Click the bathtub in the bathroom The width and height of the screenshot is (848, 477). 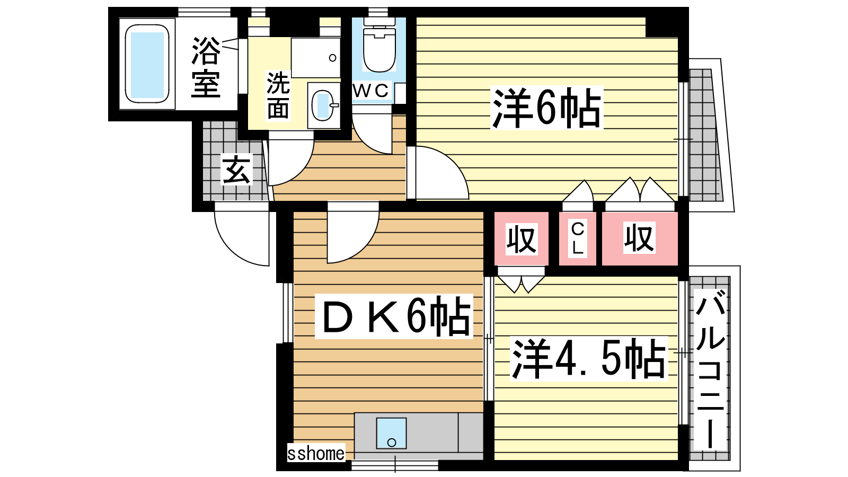click(147, 64)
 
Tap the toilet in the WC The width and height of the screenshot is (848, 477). click(379, 45)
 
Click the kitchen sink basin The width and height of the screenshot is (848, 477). click(392, 433)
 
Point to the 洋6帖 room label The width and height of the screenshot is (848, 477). click(546, 108)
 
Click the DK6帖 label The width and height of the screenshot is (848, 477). click(394, 316)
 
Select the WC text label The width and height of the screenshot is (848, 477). click(370, 91)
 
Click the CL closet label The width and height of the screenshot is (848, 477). click(578, 238)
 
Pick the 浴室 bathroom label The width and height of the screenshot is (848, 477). click(206, 67)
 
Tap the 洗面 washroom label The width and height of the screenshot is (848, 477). click(278, 95)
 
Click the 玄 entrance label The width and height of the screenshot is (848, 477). click(236, 170)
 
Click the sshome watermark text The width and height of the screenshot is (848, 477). click(316, 453)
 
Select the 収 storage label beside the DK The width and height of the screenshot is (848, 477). click(522, 239)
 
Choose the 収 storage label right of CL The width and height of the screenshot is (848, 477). click(639, 238)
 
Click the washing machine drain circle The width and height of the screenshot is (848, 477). click(333, 58)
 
